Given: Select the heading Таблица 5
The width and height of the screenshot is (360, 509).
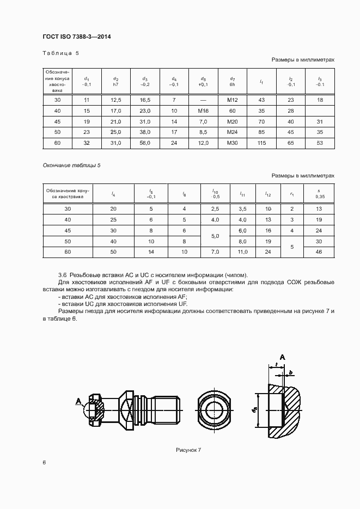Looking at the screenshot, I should tap(60, 53).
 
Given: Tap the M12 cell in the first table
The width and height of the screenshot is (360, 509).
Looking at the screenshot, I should tap(233, 100).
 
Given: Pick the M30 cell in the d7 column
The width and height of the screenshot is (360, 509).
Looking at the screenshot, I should tap(233, 143).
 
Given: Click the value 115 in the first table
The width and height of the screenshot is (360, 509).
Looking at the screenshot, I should tap(261, 143).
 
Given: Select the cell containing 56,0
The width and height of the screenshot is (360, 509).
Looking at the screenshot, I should tap(145, 143).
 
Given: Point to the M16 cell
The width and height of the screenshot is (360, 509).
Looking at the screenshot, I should tap(203, 111).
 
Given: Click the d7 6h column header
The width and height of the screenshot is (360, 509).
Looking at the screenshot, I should tap(233, 81).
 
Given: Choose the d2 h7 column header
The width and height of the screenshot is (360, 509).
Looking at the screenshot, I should tap(115, 81).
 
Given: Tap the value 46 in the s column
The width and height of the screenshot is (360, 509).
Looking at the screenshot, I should tap(319, 252).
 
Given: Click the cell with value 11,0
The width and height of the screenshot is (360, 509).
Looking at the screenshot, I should tap(243, 252).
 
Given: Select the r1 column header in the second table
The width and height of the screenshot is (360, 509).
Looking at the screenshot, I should tap(292, 193).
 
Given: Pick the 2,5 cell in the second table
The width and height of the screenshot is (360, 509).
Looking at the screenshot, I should tap(215, 208).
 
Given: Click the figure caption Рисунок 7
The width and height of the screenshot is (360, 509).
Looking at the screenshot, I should tap(188, 450).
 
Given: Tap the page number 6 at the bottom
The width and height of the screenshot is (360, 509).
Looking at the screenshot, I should tap(44, 462).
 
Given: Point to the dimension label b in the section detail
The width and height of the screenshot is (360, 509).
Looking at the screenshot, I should tap(291, 372).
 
